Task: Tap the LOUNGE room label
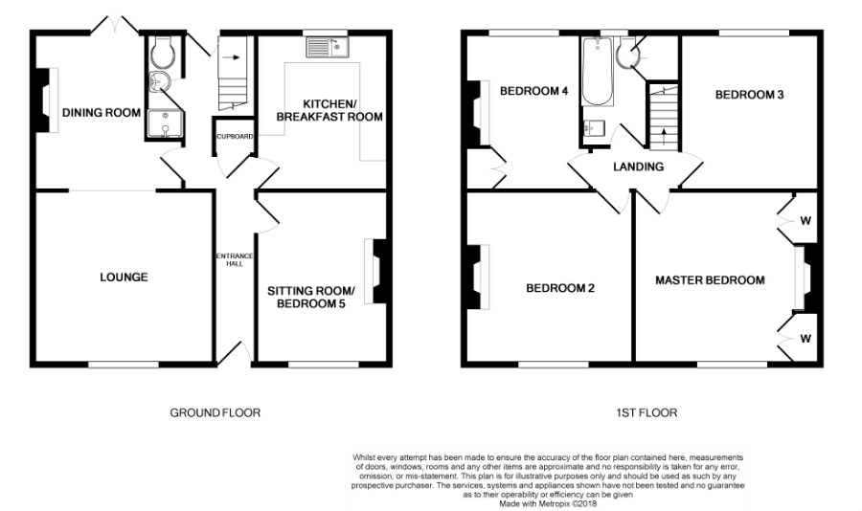click(x=124, y=278)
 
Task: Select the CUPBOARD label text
click(x=235, y=137)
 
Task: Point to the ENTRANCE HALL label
click(x=235, y=259)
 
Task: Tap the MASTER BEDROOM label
click(x=710, y=280)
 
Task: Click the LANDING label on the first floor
click(x=639, y=167)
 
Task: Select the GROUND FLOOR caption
click(x=215, y=413)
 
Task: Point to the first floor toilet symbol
click(x=629, y=58)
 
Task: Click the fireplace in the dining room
click(x=42, y=99)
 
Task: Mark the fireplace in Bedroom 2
click(x=474, y=278)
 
